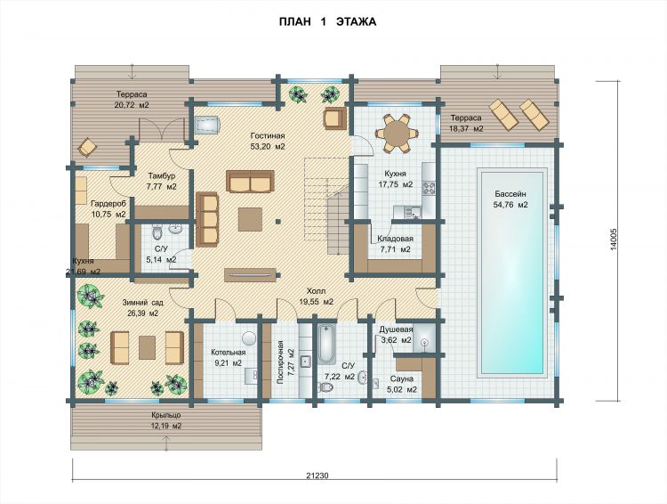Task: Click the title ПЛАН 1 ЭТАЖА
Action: [x=327, y=21]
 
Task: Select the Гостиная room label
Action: [x=268, y=136]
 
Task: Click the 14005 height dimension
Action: [x=614, y=241]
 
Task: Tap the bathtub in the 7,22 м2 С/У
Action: [x=326, y=344]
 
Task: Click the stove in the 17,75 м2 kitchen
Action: [x=429, y=188]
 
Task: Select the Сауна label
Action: [x=402, y=378]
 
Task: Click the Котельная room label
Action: [x=229, y=353]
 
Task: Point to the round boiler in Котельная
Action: [x=249, y=338]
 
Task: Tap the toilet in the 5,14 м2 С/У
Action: [x=157, y=232]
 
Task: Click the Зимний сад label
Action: [x=143, y=303]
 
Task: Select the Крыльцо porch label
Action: [x=166, y=415]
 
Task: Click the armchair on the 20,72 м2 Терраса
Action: [x=88, y=147]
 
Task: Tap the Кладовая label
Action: [x=395, y=239]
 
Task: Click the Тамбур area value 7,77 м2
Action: [x=161, y=187]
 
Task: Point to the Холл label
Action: [x=316, y=291]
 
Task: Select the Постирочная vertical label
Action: [x=280, y=362]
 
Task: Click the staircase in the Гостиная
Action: [x=325, y=205]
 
